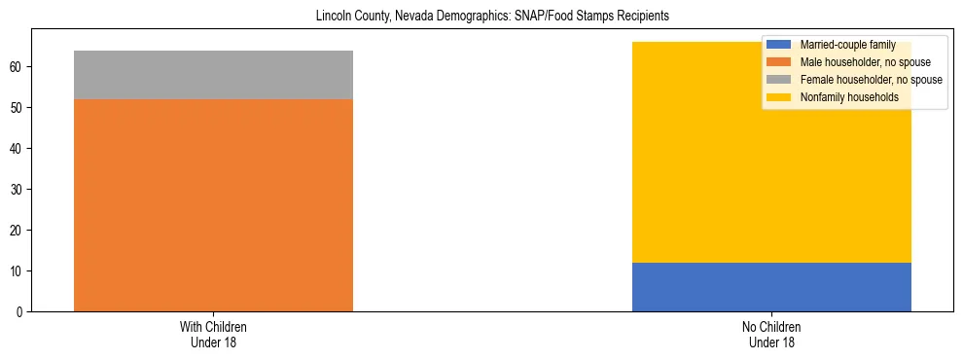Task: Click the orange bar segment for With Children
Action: (x=213, y=204)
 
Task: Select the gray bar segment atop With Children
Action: (x=213, y=75)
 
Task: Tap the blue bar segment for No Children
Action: (x=771, y=287)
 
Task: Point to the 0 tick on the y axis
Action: (x=19, y=311)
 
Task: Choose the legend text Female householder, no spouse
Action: (x=871, y=80)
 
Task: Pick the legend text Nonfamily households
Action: (x=849, y=97)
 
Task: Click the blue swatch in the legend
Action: (x=779, y=45)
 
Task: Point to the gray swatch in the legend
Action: (x=779, y=80)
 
